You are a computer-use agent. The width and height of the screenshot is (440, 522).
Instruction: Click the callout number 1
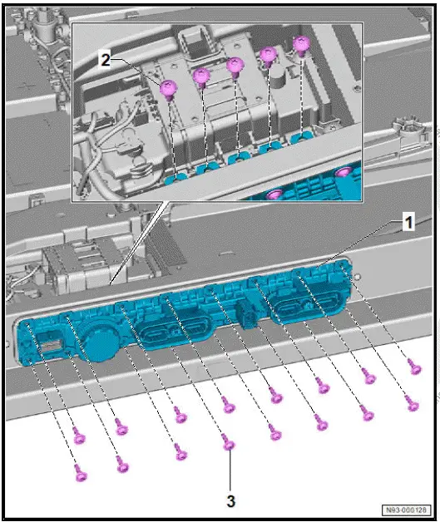[x=408, y=222]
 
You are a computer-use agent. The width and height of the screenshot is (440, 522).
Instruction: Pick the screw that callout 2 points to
[x=170, y=87]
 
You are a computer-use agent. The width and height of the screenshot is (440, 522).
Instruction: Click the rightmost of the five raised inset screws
[x=302, y=43]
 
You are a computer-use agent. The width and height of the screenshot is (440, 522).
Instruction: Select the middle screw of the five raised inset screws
[x=234, y=66]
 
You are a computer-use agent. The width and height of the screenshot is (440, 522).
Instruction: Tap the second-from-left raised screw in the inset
[x=200, y=77]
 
